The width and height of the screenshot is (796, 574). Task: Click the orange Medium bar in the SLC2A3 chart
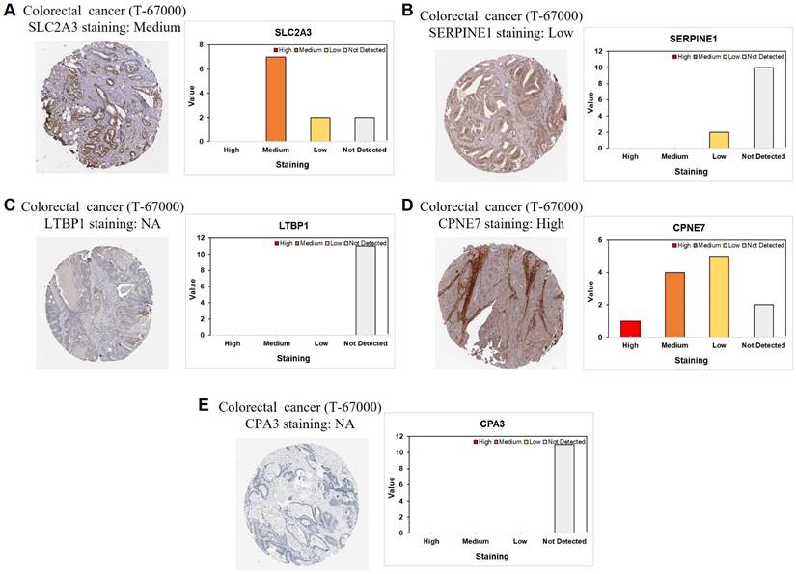point(275,99)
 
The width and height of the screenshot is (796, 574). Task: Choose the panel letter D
point(407,205)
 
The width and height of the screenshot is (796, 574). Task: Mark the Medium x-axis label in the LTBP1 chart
point(277,343)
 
